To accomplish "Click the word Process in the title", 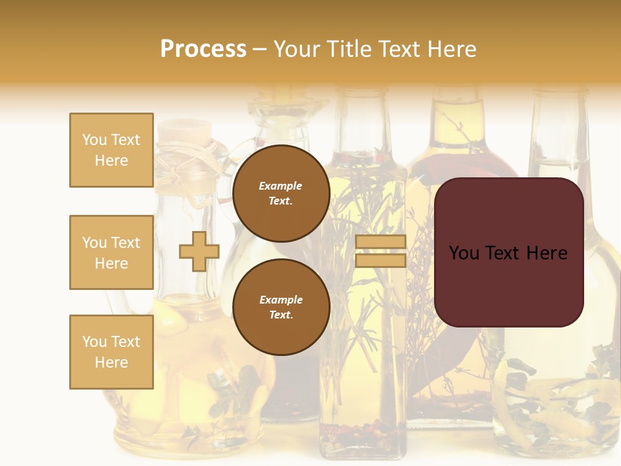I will pos(203,49).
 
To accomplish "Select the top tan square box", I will pos(111,150).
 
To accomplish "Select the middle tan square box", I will pos(111,252).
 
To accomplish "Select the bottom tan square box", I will pos(111,352).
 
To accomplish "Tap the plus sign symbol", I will pos(199,251).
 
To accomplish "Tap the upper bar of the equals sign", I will pos(380,241).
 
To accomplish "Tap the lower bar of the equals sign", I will pos(380,261).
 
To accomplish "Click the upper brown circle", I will pos(281,193).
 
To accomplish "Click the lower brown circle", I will pos(281,307).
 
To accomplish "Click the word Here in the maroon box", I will pos(547,253).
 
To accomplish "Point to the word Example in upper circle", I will pos(281,186).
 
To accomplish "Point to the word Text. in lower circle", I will pos(281,315).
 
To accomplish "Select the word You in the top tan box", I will pos(94,140).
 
